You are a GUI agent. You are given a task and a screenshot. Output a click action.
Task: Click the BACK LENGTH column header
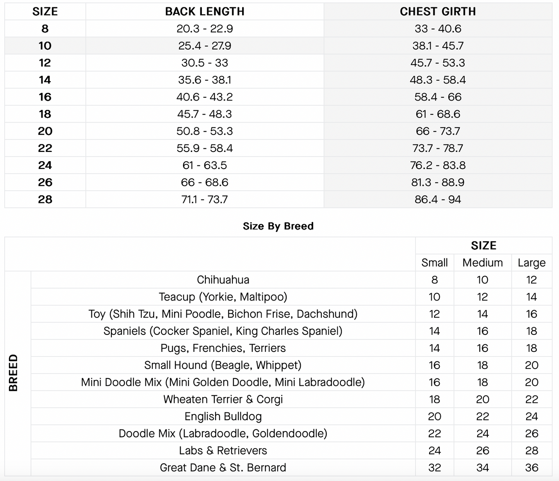pyautogui.click(x=205, y=12)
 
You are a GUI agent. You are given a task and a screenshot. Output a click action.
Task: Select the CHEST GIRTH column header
pyautogui.click(x=438, y=12)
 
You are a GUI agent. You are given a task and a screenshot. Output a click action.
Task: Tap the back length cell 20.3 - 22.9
pyautogui.click(x=205, y=29)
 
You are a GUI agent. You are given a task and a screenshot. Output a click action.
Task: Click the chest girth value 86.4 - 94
pyautogui.click(x=438, y=200)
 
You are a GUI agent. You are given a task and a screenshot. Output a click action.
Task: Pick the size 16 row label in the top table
pyautogui.click(x=45, y=97)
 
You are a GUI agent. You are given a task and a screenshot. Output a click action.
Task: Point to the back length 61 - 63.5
pyautogui.click(x=205, y=165)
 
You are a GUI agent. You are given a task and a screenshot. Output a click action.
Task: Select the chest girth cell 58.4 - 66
pyautogui.click(x=438, y=97)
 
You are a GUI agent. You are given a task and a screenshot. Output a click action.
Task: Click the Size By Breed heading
pyautogui.click(x=278, y=226)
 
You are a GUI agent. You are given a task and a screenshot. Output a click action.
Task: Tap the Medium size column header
pyautogui.click(x=482, y=263)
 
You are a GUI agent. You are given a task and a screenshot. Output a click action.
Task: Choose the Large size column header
pyautogui.click(x=532, y=263)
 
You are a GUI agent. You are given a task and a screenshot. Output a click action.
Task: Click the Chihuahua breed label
pyautogui.click(x=223, y=280)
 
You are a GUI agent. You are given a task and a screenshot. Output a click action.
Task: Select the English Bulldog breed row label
pyautogui.click(x=223, y=416)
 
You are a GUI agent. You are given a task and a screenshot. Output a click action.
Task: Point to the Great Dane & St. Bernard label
pyautogui.click(x=223, y=468)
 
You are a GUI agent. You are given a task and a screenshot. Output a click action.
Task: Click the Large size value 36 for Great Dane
pyautogui.click(x=532, y=468)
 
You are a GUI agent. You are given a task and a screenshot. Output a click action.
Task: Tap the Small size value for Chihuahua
pyautogui.click(x=434, y=280)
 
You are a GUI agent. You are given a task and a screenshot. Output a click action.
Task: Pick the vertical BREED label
pyautogui.click(x=14, y=373)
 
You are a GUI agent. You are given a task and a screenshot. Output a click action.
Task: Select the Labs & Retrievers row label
pyautogui.click(x=223, y=451)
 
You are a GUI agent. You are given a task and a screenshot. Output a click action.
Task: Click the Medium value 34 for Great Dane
pyautogui.click(x=482, y=468)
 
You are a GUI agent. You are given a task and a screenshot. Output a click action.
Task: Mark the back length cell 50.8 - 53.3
pyautogui.click(x=205, y=131)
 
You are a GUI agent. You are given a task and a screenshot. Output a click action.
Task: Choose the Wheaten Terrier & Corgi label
pyautogui.click(x=223, y=399)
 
